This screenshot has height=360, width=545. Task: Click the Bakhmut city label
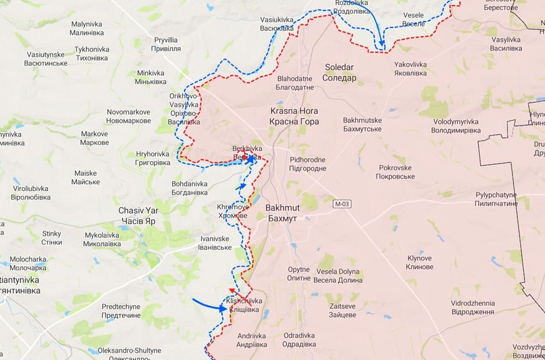click(x=282, y=211)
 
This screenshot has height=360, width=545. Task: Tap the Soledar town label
click(x=340, y=72)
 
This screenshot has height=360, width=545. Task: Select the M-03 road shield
click(x=342, y=204)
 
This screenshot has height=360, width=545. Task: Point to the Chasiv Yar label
click(x=139, y=216)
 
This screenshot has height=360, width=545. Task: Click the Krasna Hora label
click(x=294, y=116)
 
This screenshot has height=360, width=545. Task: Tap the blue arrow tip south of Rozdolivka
click(x=382, y=45)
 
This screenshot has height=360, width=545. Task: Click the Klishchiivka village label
click(x=245, y=305)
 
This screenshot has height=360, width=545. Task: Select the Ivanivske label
click(x=215, y=243)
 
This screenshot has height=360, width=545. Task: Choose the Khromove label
click(x=233, y=211)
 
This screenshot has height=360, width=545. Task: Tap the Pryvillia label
click(x=166, y=44)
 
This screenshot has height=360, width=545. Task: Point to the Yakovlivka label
click(x=410, y=68)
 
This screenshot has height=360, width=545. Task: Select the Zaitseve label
click(x=342, y=310)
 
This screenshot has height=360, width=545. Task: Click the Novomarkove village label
click(x=129, y=116)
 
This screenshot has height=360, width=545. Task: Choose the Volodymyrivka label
click(x=457, y=126)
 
